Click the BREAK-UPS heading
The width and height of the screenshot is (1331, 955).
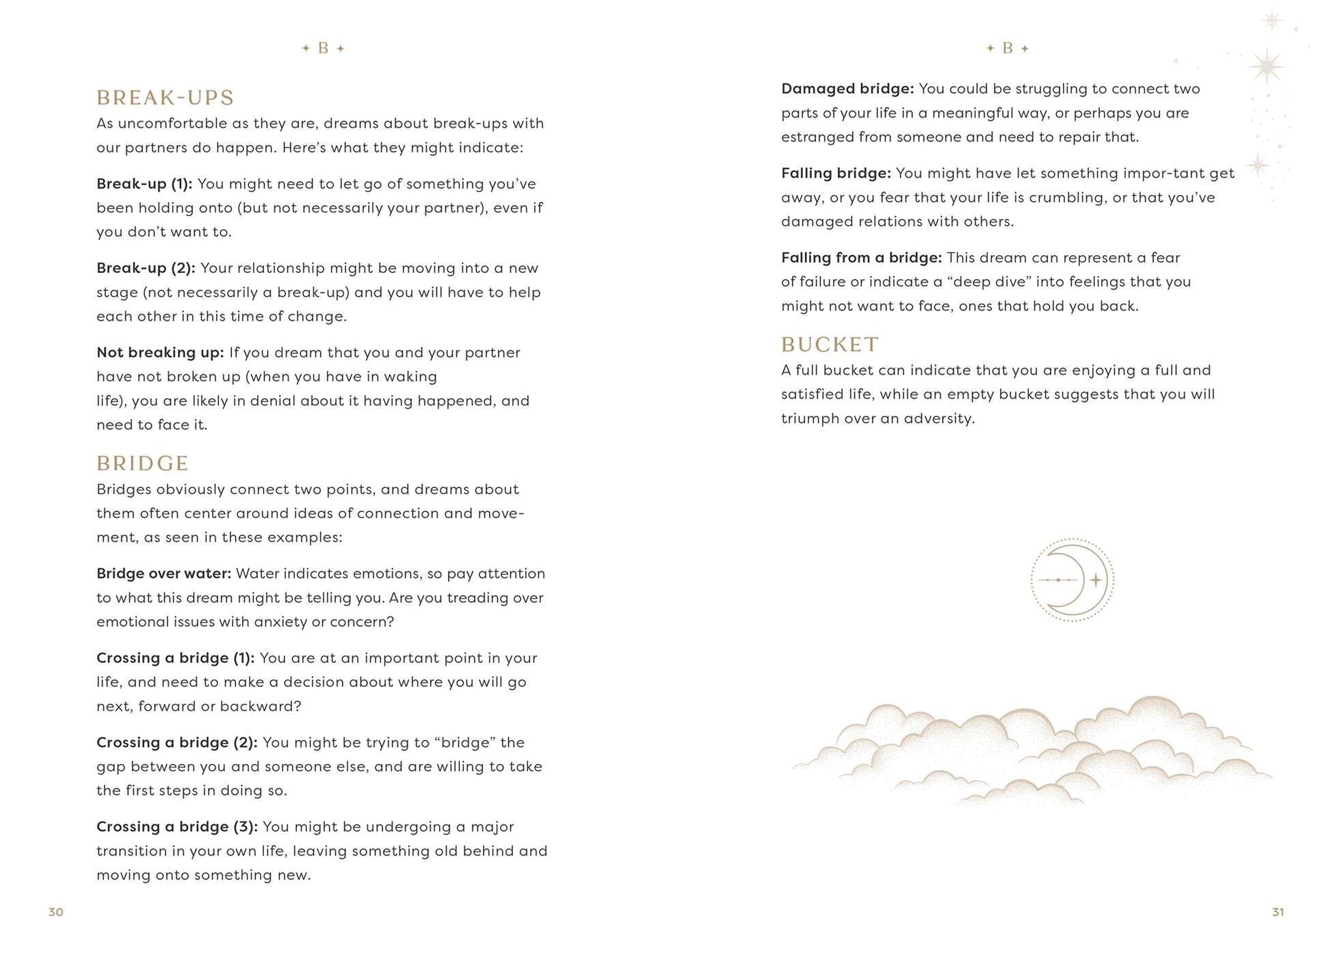coord(165,98)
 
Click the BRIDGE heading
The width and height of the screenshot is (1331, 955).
coord(142,464)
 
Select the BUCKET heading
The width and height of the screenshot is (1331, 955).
coord(830,345)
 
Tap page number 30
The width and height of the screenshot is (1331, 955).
coord(55,912)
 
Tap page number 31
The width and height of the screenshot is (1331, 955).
coord(1278,912)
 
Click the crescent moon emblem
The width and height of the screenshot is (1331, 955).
coord(1072,580)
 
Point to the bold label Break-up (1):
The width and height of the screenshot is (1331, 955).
coord(144,184)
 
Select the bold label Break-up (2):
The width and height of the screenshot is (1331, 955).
coord(145,268)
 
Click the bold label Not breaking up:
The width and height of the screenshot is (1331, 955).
coord(159,353)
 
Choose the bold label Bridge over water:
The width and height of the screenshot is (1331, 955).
coord(163,574)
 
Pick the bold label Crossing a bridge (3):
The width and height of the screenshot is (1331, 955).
coord(176,827)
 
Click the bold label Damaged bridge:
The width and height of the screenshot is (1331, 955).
coord(847,89)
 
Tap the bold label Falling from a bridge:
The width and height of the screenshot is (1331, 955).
coord(861,258)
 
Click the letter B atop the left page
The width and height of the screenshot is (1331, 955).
coord(324,49)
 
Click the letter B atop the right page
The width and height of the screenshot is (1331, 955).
coord(1007,49)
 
